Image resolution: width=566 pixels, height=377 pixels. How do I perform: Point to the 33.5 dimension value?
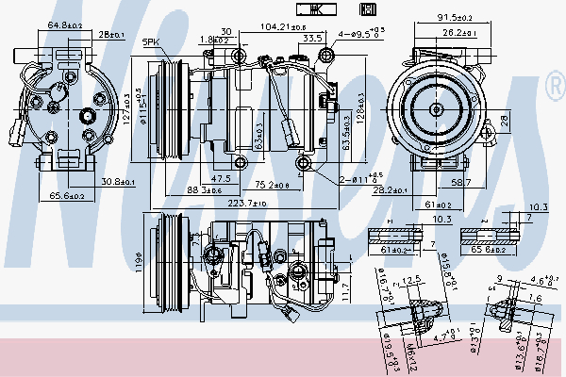click(314, 39)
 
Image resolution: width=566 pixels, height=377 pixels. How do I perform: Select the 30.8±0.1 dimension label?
click(117, 182)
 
